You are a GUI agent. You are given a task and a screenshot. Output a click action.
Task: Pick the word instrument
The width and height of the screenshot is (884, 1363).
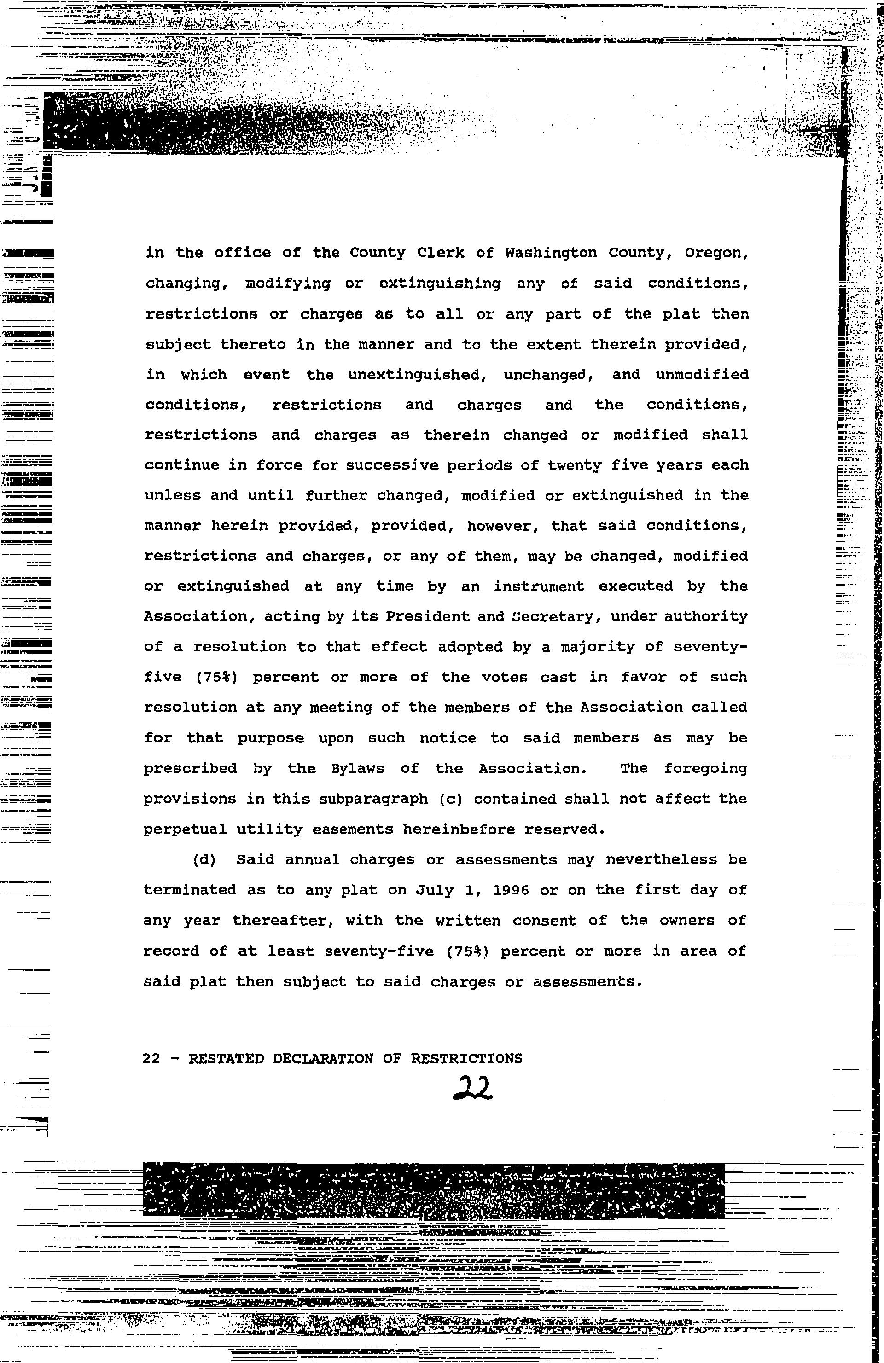point(539,586)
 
